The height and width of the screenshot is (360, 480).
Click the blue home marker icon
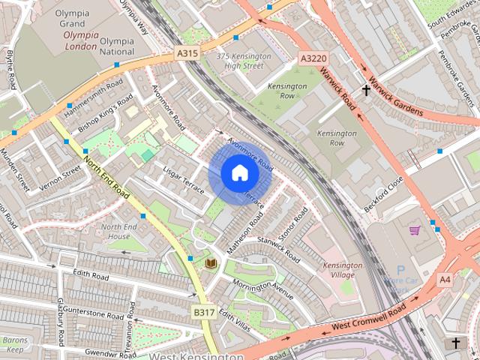(239, 172)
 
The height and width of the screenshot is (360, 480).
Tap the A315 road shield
(187, 52)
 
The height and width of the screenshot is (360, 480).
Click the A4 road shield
(445, 280)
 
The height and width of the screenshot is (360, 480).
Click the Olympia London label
(80, 40)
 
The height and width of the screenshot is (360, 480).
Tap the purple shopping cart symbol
(414, 230)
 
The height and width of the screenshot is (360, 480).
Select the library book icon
(211, 263)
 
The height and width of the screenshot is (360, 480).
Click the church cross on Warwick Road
(366, 91)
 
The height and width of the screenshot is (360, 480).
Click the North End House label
(119, 231)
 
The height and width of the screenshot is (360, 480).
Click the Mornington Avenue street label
(262, 289)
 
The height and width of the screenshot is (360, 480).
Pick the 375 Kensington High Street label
(240, 61)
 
